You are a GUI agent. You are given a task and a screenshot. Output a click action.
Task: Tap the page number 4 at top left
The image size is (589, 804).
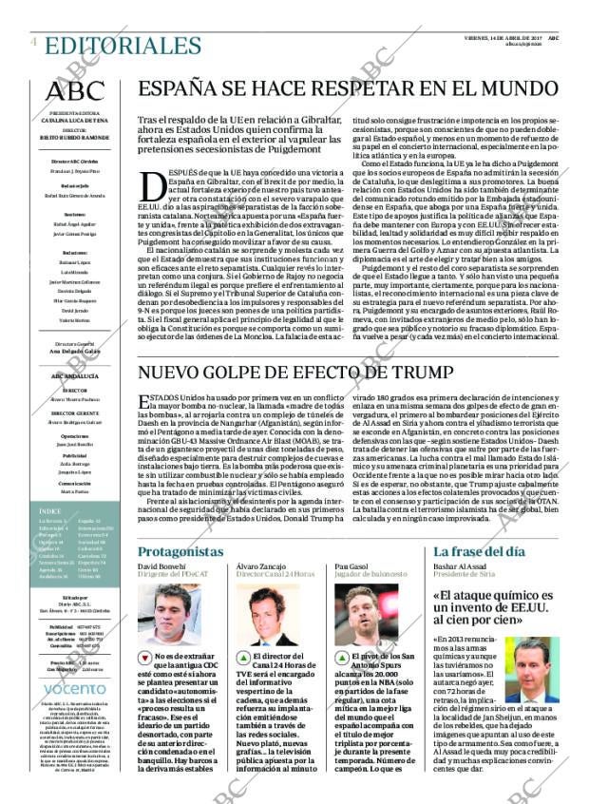[x=33, y=42]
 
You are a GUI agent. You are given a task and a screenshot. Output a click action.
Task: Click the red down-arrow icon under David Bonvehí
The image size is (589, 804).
[x=144, y=657]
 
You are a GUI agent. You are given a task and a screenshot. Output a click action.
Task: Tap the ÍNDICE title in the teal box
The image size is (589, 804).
[x=52, y=512]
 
